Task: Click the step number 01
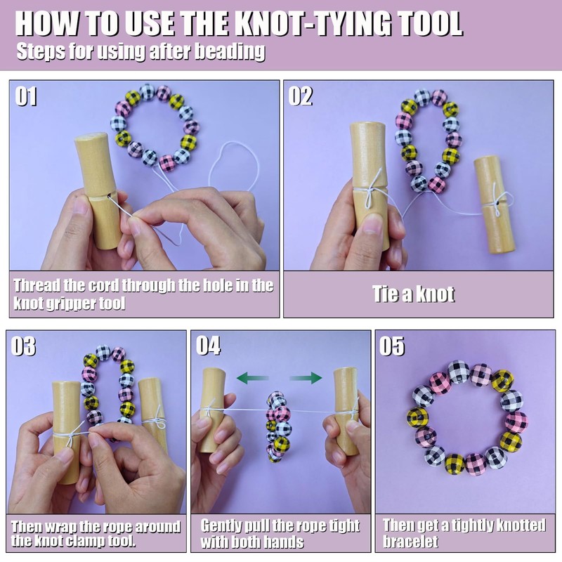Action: pos(26,96)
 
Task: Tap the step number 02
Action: pos(301,96)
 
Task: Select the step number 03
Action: pos(23,346)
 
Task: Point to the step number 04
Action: pos(208,346)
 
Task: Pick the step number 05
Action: pos(392,346)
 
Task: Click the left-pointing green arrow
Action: pos(252,378)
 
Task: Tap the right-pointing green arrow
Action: pos(306,378)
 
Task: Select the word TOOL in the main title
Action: pos(430,24)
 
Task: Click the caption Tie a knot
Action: pos(414,294)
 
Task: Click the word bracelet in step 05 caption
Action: pos(411,541)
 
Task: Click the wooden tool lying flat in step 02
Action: pos(495,205)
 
